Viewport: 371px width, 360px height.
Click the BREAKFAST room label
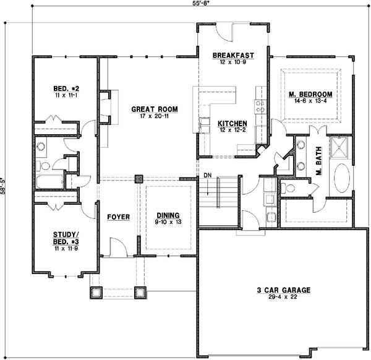tap(229, 56)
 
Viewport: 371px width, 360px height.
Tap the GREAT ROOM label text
tap(155, 109)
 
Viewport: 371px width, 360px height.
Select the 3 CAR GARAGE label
tap(283, 289)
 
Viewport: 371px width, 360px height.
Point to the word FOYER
tap(117, 217)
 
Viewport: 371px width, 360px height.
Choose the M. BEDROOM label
tap(310, 94)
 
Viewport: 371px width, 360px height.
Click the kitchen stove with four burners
tap(260, 106)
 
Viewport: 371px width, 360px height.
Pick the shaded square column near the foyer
tap(139, 179)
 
